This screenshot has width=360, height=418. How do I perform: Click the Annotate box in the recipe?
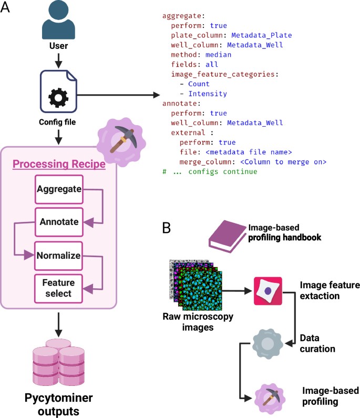[58, 222]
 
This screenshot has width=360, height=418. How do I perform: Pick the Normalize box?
[58, 256]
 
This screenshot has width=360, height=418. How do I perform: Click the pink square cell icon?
[268, 291]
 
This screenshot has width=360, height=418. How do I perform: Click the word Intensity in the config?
[208, 94]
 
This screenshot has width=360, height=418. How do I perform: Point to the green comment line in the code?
[210, 171]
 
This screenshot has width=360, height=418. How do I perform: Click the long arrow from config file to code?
[119, 95]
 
